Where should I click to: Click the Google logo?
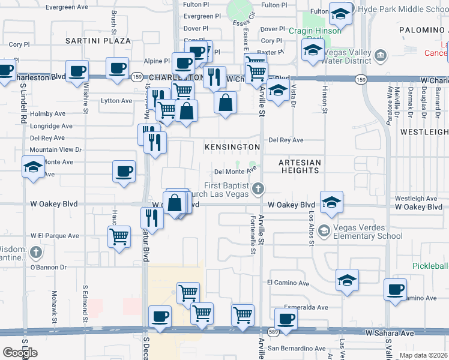[20, 353]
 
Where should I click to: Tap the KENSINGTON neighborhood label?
[232, 147]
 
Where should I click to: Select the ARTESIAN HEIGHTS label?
[300, 166]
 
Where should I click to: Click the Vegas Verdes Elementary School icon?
[324, 231]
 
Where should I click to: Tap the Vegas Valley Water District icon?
[379, 56]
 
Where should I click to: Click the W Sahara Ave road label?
[390, 332]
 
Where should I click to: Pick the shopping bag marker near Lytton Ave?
[225, 101]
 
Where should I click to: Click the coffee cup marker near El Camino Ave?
[396, 290]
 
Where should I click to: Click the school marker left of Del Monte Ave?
[32, 167]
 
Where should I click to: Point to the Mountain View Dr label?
[56, 149]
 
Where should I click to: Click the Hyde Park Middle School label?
[403, 10]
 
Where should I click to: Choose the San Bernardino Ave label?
[297, 349]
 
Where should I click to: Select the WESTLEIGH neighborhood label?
[424, 131]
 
